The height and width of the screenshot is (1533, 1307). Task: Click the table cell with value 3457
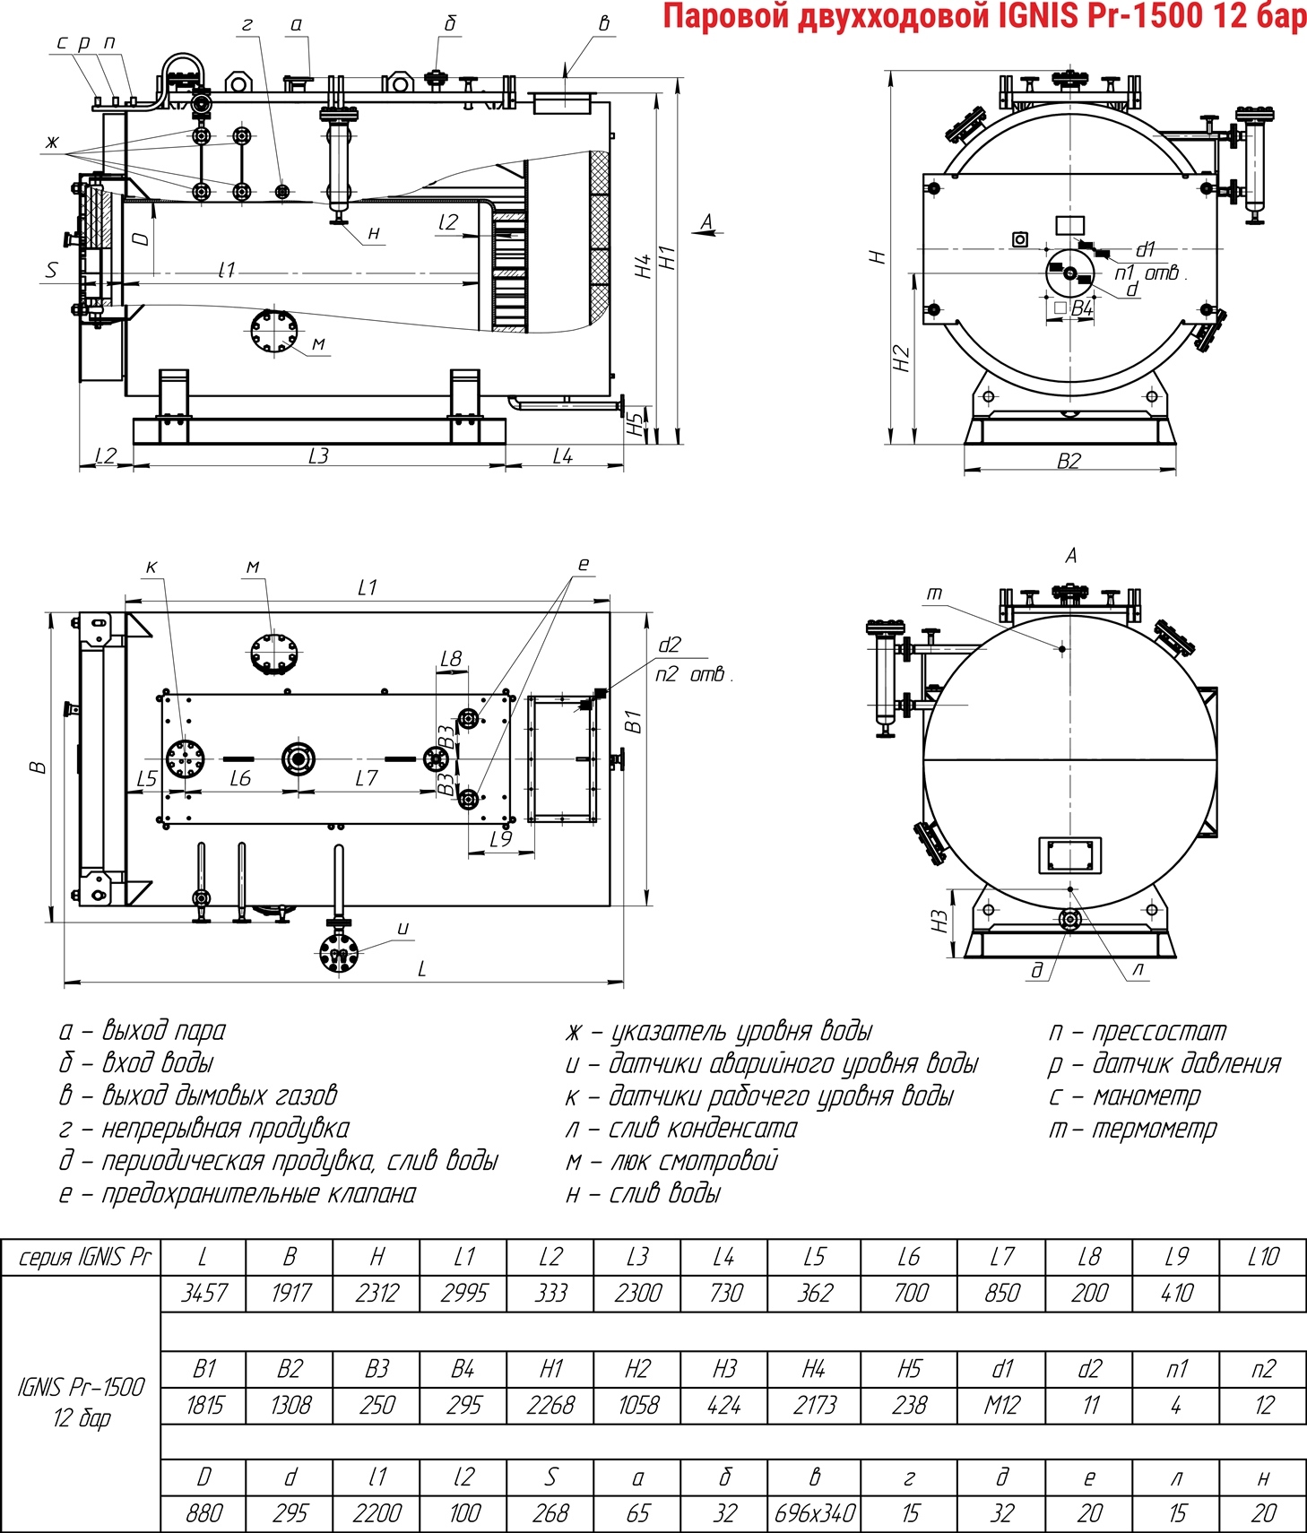click(x=203, y=1293)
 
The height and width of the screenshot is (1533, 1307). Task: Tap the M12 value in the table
click(x=1001, y=1405)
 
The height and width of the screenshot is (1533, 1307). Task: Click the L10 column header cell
click(x=1263, y=1257)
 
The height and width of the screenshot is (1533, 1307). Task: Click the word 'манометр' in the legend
click(x=1146, y=1096)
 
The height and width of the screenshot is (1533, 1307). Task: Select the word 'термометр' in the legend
click(x=1154, y=1129)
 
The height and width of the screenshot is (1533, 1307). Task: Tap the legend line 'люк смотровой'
click(x=671, y=1161)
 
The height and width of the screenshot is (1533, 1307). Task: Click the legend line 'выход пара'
click(x=143, y=1031)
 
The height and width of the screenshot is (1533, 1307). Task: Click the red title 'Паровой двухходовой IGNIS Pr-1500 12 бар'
click(x=983, y=17)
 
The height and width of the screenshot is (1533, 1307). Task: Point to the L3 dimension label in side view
click(x=318, y=455)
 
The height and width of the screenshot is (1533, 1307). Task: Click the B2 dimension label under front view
click(x=1069, y=461)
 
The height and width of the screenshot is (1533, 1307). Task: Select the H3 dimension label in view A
click(x=939, y=922)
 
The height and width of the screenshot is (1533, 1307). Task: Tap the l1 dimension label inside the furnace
click(x=227, y=269)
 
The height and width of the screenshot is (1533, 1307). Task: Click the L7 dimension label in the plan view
click(x=367, y=778)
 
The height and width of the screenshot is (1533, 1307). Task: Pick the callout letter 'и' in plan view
click(x=402, y=929)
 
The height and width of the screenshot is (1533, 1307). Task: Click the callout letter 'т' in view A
click(x=934, y=593)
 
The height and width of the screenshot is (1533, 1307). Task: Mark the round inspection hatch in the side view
click(x=273, y=333)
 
